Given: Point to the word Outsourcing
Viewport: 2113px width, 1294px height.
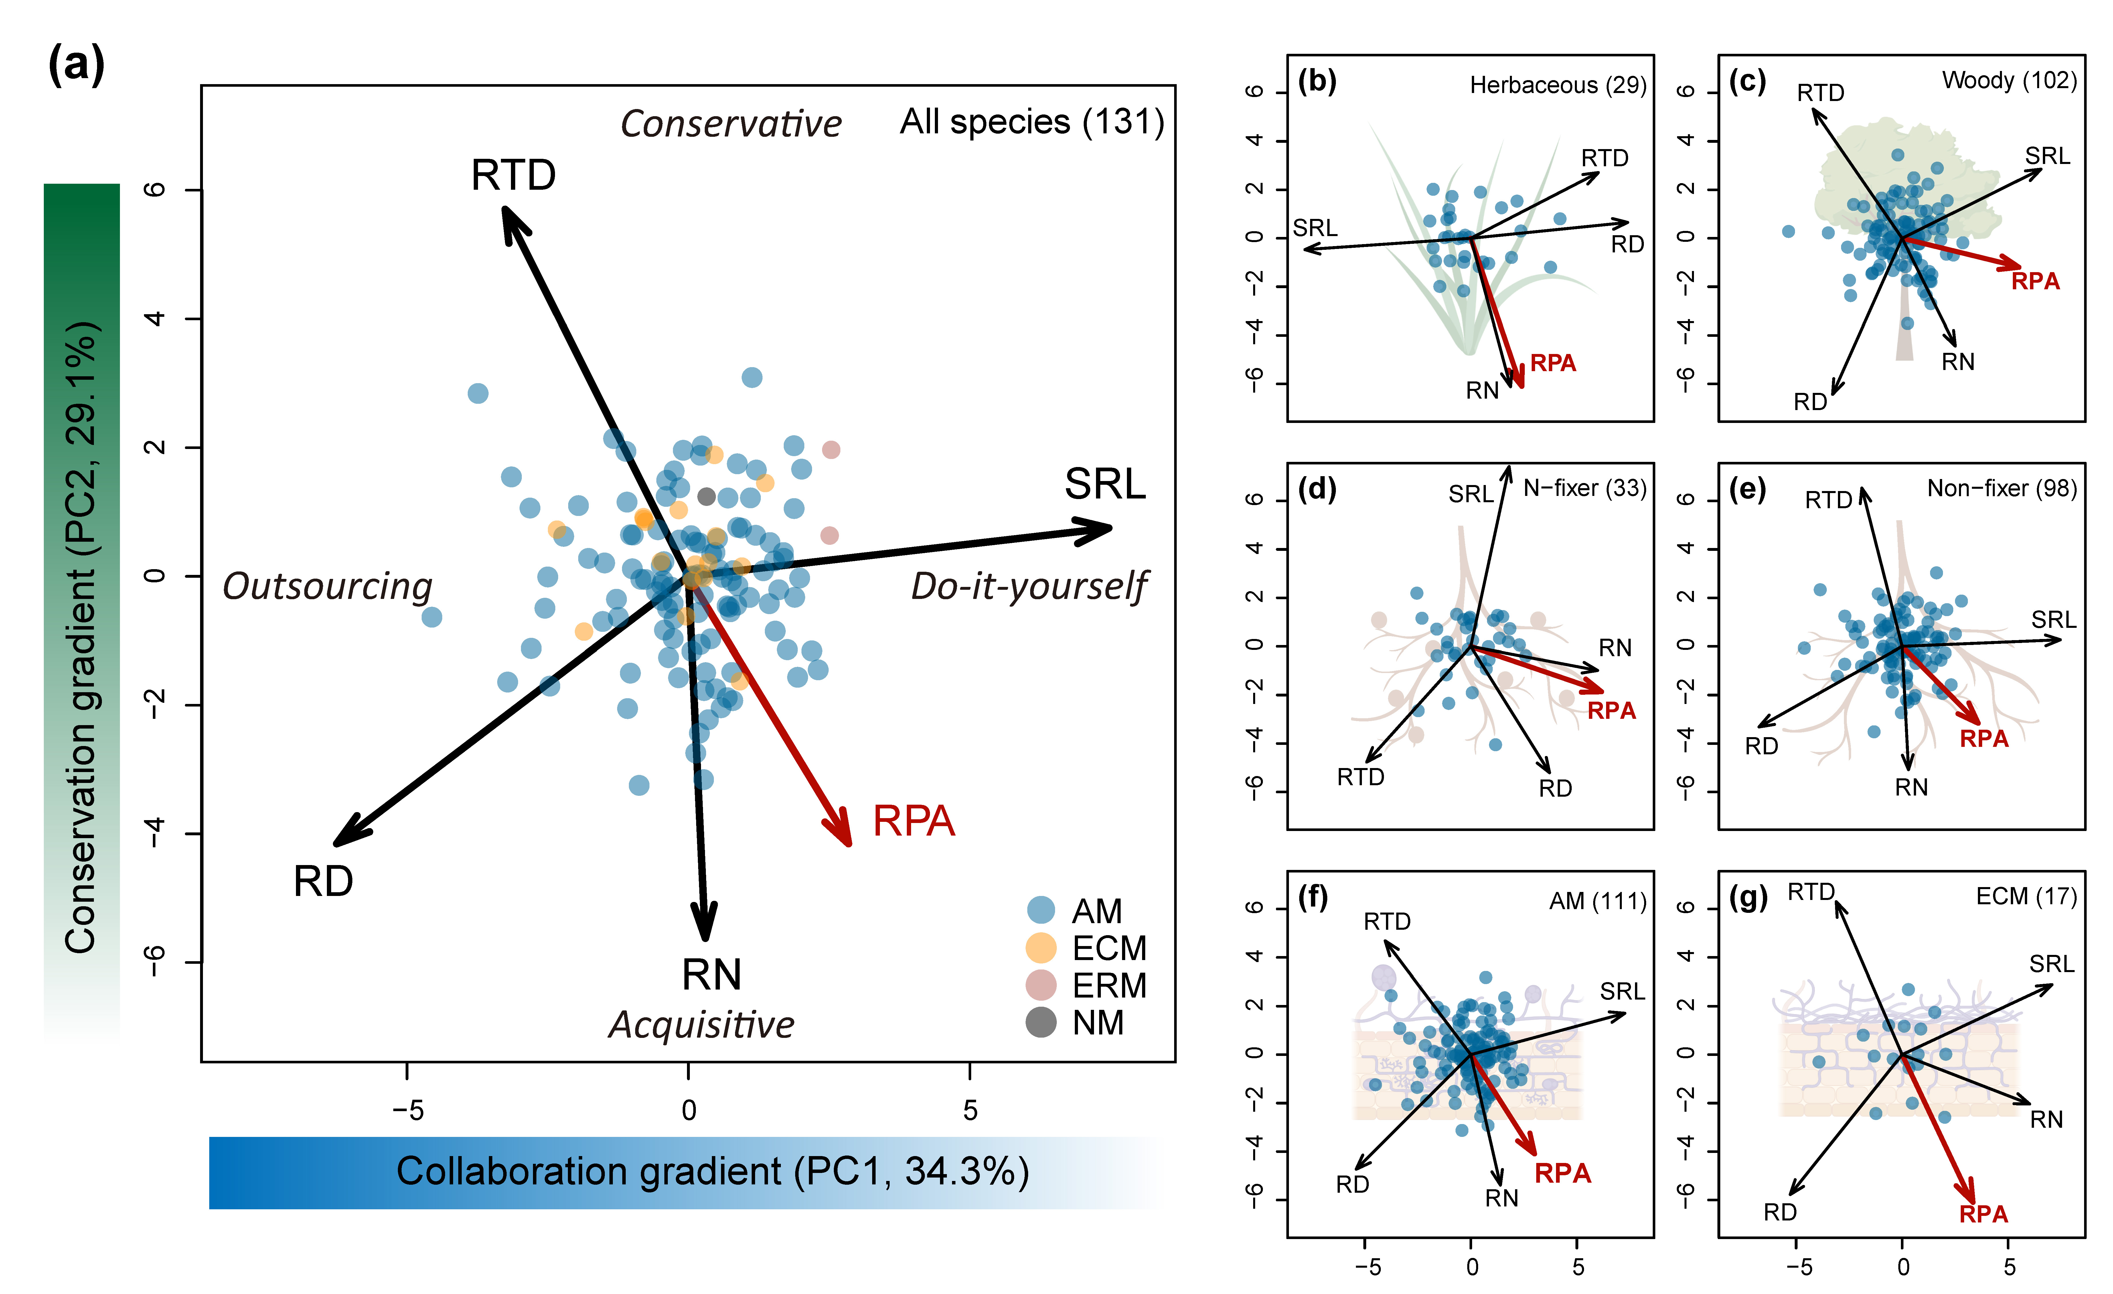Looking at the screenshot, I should tap(327, 587).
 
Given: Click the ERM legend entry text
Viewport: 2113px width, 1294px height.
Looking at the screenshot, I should tap(1109, 985).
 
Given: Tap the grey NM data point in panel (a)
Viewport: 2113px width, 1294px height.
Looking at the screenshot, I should tap(706, 496).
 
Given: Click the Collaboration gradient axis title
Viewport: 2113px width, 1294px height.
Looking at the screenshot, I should tap(712, 1171).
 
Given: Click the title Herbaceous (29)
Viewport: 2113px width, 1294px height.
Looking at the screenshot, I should tap(1557, 85).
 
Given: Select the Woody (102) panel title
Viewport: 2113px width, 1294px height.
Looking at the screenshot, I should tap(2008, 81).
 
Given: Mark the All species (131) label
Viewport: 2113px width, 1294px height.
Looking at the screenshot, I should tap(1032, 122).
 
